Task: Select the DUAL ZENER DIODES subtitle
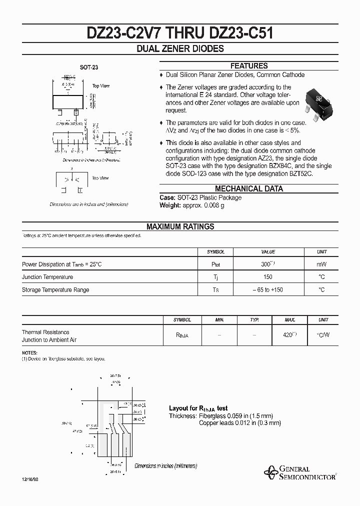tap(180, 49)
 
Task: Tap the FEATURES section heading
tap(248, 66)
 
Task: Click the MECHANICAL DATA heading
tap(248, 188)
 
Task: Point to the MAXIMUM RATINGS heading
tap(180, 226)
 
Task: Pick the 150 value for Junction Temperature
tap(268, 277)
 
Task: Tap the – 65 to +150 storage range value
tap(268, 289)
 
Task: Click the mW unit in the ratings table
tap(322, 264)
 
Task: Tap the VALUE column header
tap(268, 252)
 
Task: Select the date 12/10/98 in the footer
tap(29, 479)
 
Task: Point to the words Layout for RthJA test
tap(198, 408)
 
